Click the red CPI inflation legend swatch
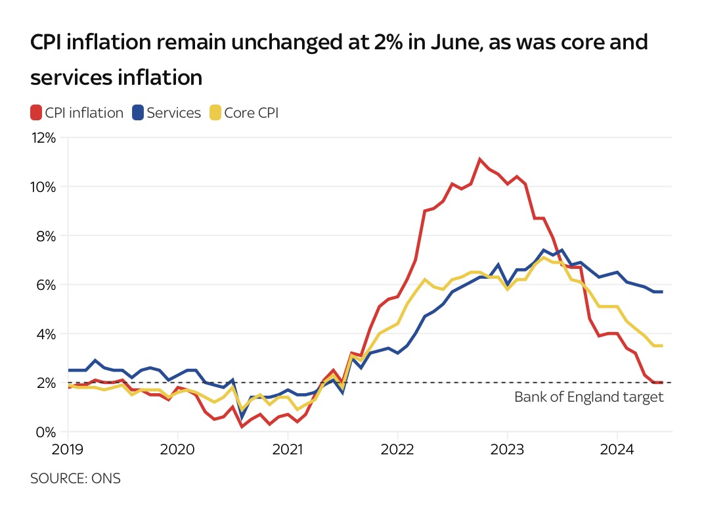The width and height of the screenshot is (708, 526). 36,113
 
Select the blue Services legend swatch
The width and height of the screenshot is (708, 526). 138,113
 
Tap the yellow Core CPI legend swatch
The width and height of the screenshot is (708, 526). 215,113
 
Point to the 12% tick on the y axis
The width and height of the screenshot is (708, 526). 44,138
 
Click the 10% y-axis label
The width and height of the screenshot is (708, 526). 44,187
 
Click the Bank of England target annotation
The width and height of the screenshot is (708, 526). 588,397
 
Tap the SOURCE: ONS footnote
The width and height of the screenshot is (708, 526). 76,479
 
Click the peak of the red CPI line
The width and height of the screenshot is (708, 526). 480,159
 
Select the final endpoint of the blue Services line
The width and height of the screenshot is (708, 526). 661,292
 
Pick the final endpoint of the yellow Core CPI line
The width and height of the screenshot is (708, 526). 661,346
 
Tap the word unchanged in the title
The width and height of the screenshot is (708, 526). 246,43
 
